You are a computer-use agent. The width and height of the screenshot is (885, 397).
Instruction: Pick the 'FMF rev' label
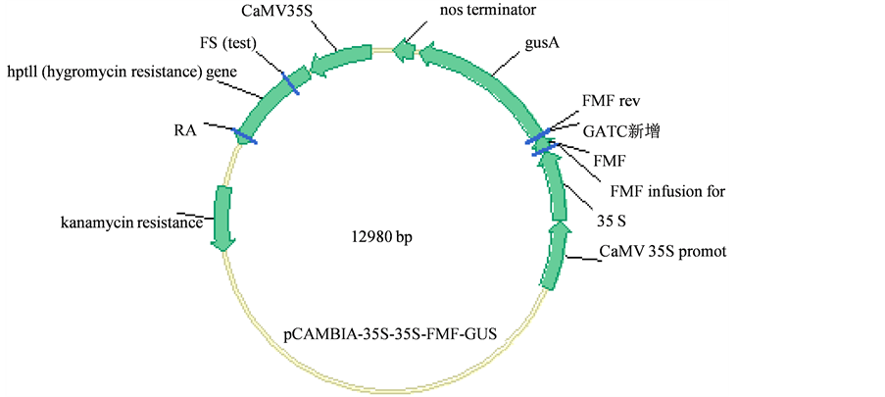pyautogui.click(x=611, y=102)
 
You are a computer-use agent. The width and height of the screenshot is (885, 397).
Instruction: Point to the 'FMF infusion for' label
pyautogui.click(x=666, y=190)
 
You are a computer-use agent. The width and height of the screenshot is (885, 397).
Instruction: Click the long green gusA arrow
pyautogui.click(x=486, y=77)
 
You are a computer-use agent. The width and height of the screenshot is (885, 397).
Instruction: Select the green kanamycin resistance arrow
pyautogui.click(x=222, y=218)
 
